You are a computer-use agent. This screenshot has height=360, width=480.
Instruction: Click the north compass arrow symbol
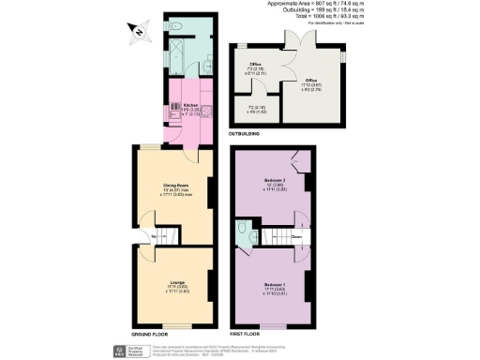(x=137, y=36)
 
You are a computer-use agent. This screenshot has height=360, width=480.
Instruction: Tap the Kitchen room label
(x=190, y=106)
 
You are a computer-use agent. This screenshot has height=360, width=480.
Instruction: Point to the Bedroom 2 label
(x=274, y=180)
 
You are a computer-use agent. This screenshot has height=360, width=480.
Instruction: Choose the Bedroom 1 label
(x=274, y=285)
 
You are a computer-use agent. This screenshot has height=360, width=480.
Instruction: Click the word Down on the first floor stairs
(x=296, y=237)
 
